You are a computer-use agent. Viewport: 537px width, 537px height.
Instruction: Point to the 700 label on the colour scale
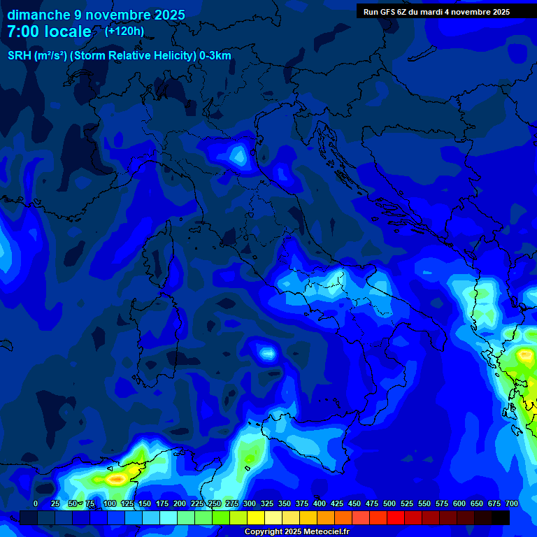[x=512, y=503]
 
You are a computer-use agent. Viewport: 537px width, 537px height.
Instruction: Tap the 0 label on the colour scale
[x=36, y=503]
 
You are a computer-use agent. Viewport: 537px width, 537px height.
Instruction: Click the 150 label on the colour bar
[x=145, y=503]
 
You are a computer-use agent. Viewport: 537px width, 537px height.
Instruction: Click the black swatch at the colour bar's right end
[x=501, y=517]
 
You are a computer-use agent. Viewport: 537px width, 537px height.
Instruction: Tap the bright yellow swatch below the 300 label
[x=256, y=517]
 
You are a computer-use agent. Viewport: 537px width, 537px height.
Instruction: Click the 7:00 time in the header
[x=22, y=32]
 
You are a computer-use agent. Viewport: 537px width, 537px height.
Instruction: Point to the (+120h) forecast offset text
[x=124, y=31]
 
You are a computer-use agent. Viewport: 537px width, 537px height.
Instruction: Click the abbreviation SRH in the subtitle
[x=19, y=56]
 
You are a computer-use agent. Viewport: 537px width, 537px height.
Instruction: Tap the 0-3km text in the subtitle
[x=215, y=56]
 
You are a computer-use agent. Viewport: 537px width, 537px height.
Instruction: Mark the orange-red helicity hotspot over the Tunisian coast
[x=115, y=479]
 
